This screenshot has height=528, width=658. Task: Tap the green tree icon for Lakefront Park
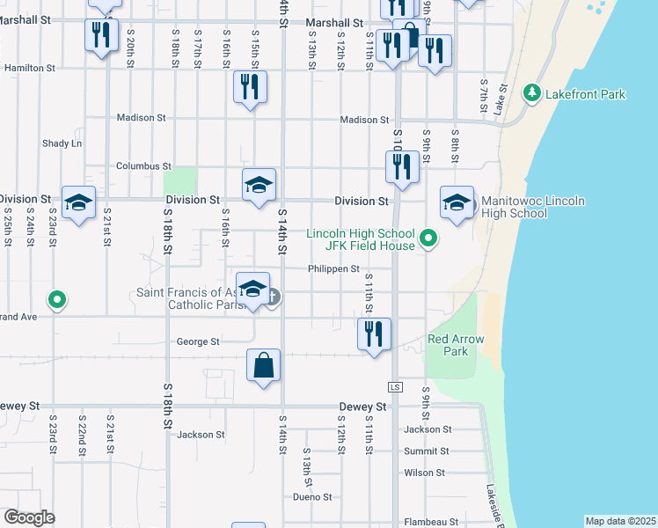point(531,92)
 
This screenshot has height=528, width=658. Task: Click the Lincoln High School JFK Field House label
point(361,239)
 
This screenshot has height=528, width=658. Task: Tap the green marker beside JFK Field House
point(428,238)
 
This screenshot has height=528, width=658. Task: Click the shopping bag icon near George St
point(265,364)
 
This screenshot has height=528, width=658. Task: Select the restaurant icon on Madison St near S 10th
point(402,165)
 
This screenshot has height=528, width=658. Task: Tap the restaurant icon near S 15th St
point(251,86)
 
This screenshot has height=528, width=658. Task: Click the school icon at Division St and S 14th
point(259,185)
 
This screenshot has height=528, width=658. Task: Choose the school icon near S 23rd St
point(78,203)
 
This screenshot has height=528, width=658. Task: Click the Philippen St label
point(333,269)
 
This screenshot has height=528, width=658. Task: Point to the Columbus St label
point(143,165)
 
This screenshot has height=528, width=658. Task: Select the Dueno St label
point(313,497)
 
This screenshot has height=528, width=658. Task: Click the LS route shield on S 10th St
point(395,387)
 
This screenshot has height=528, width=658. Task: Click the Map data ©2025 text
point(621,521)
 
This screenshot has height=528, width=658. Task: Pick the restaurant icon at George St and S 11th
point(375,334)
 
